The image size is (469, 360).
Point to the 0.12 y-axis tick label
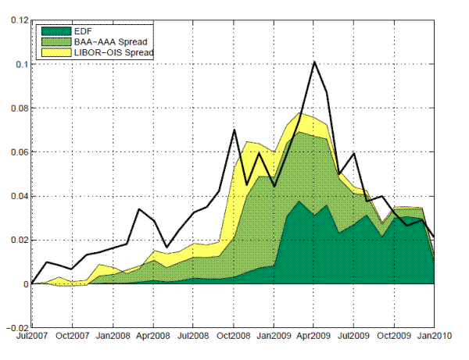tap(16, 21)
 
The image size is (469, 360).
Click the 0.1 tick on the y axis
tap(20, 65)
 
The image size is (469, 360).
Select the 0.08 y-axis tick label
tap(16, 109)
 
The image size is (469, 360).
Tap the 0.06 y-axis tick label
tap(16, 152)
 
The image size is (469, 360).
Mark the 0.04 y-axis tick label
tap(16, 196)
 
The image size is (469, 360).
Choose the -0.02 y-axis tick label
tap(15, 328)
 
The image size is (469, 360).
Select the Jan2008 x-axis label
tap(113, 339)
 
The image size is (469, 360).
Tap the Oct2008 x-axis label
tap(233, 339)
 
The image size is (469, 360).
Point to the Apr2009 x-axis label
tap(313, 339)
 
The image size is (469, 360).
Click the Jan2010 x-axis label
tap(434, 339)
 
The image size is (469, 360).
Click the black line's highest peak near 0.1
tap(313, 62)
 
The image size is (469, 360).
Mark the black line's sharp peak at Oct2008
tap(234, 130)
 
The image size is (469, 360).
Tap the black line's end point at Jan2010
tap(434, 237)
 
